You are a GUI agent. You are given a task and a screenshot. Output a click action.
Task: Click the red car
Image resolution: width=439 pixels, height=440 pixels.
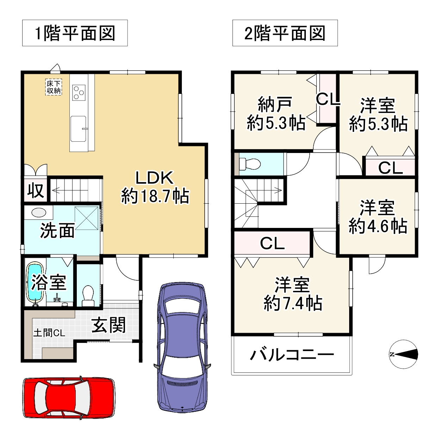pyautogui.click(x=69, y=398)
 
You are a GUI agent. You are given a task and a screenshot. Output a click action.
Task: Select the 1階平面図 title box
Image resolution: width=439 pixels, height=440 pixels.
pyautogui.click(x=75, y=33)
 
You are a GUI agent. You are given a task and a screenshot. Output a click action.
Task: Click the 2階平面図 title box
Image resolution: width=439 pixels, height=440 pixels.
pyautogui.click(x=285, y=33)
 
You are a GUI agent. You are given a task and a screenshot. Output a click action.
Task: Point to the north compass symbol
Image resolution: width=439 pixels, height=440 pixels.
pyautogui.click(x=404, y=354)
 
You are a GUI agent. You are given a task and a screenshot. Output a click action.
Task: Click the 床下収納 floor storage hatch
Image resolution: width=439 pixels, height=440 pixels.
pyautogui.click(x=54, y=87)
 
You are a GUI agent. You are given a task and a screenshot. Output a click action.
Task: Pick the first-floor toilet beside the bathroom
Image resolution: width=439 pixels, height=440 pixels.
pyautogui.click(x=87, y=295)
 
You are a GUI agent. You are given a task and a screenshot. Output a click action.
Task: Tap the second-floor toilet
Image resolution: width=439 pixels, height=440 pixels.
pyautogui.click(x=251, y=164)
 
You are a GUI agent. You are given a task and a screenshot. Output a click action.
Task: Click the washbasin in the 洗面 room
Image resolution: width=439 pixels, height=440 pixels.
pyautogui.click(x=38, y=212)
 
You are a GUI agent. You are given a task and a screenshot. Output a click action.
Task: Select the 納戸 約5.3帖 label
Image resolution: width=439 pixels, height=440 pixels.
pyautogui.click(x=276, y=113)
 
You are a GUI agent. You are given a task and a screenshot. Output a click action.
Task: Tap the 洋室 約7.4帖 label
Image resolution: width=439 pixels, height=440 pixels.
pyautogui.click(x=292, y=294)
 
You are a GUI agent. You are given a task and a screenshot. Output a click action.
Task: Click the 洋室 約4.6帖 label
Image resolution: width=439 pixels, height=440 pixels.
pyautogui.click(x=378, y=217)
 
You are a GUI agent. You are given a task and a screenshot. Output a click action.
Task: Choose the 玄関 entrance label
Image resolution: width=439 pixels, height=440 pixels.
pyautogui.click(x=109, y=325)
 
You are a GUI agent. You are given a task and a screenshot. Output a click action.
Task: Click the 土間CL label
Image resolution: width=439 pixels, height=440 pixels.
pyautogui.click(x=49, y=333)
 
